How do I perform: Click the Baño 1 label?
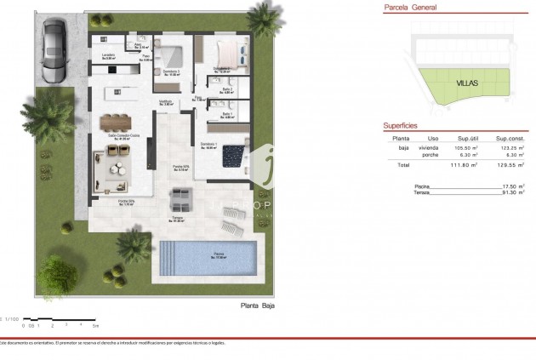(x=227, y=113)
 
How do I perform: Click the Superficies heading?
(x=399, y=125)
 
